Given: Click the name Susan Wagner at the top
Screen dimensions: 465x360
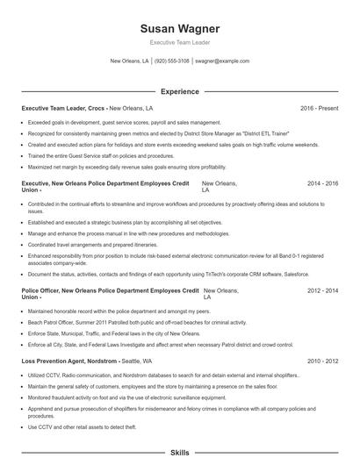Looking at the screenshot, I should [179, 28].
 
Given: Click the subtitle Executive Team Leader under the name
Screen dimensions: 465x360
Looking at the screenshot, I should [179, 42].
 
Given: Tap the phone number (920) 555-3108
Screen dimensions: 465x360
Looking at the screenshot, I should [172, 61].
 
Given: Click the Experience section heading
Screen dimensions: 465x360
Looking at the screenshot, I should [179, 90].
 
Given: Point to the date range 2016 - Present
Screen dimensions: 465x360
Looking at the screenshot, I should [319, 108].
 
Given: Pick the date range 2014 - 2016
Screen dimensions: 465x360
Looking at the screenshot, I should [322, 183].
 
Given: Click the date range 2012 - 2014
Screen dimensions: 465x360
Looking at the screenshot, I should [322, 289].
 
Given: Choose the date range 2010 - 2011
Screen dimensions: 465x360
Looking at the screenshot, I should [322, 361].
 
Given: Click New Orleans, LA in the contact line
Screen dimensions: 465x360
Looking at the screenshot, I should [129, 61].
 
